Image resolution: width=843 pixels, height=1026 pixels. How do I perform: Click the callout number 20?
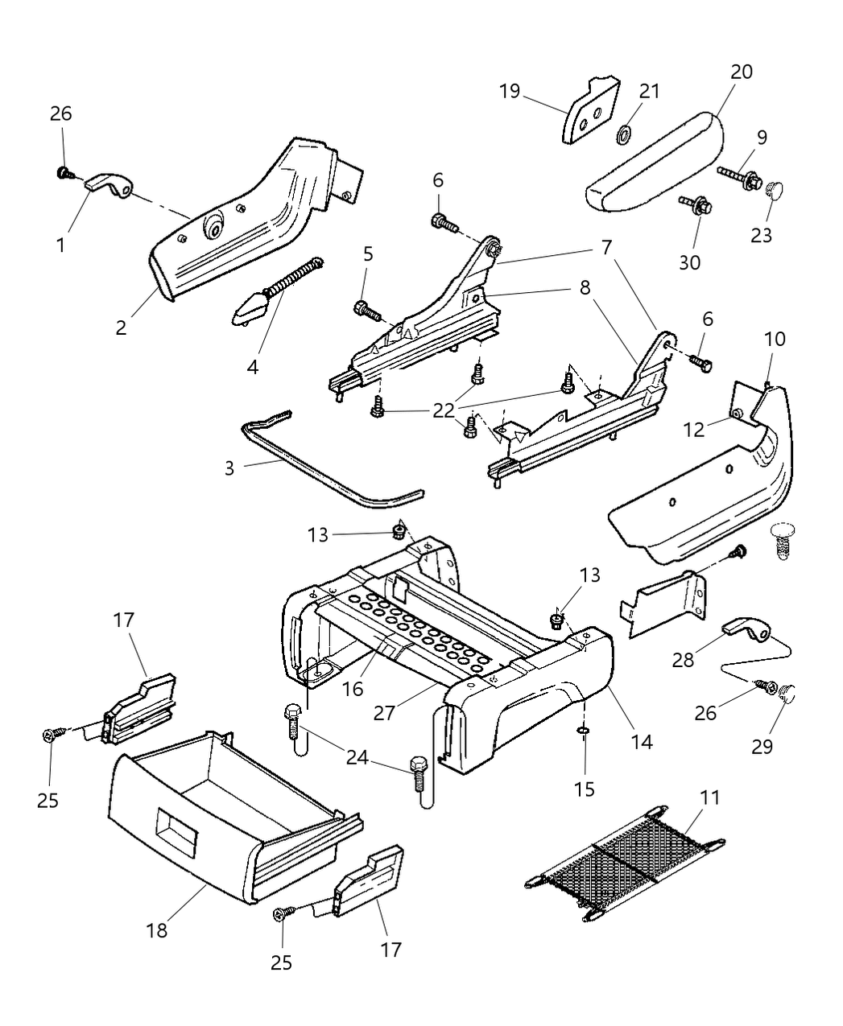tap(742, 72)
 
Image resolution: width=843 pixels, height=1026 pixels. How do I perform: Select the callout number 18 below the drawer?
tap(157, 929)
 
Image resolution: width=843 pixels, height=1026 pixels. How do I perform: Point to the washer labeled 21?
tap(624, 134)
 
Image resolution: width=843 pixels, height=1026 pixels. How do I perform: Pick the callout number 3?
tap(229, 468)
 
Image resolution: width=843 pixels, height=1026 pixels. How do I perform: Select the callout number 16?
tap(352, 688)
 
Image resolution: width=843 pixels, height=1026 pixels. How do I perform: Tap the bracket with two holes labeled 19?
tap(590, 112)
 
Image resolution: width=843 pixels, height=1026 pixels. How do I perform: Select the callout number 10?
tap(774, 339)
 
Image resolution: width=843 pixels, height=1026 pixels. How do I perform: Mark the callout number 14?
tap(642, 740)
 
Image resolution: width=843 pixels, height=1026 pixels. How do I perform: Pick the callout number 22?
tap(444, 409)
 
